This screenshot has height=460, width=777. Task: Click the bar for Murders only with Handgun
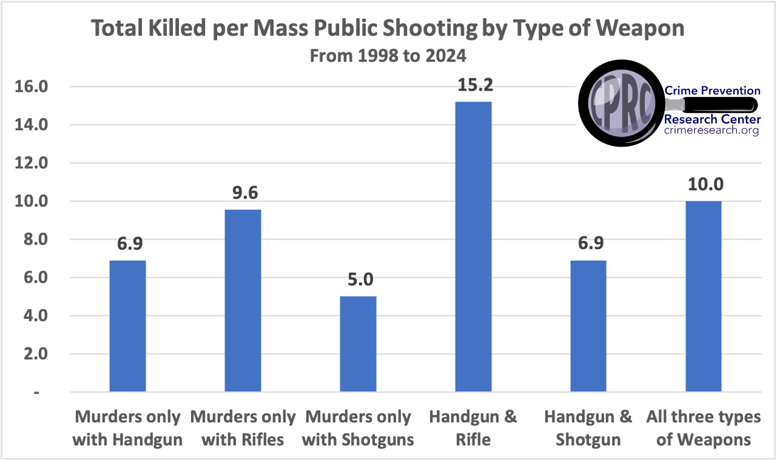[127, 326]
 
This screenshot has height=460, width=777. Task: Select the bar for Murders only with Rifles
[243, 301]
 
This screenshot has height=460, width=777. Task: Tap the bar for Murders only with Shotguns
[358, 344]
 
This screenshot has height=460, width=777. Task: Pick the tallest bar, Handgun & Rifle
[473, 247]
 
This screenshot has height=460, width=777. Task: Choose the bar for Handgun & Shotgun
[588, 326]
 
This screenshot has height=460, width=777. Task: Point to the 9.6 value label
[243, 193]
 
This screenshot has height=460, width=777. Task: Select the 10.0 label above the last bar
[703, 184]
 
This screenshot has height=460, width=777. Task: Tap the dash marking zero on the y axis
[37, 392]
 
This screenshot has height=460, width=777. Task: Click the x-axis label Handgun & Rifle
[473, 428]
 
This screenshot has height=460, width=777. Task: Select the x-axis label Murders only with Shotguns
[358, 428]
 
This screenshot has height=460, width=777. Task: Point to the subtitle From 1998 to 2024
[388, 56]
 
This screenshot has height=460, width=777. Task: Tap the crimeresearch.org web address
[711, 131]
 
